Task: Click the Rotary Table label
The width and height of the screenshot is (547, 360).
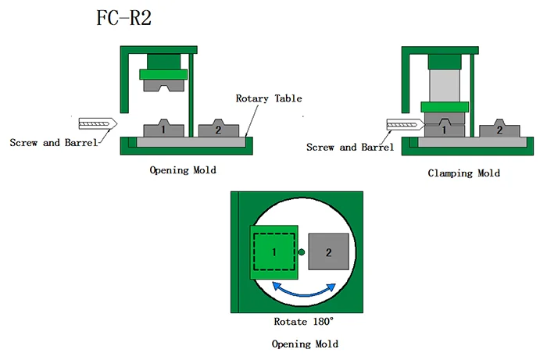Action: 269,98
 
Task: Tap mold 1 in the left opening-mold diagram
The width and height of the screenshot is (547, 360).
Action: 163,130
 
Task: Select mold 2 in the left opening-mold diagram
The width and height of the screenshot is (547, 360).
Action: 218,130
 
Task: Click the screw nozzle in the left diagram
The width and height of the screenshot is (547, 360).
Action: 98,124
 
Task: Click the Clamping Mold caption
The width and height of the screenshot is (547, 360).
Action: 464,173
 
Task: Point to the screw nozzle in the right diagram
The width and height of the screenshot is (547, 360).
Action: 404,124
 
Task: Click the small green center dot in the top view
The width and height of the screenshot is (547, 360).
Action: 302,251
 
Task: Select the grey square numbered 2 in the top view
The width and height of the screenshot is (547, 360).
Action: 329,252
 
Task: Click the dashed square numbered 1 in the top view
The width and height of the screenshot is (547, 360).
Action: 274,252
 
